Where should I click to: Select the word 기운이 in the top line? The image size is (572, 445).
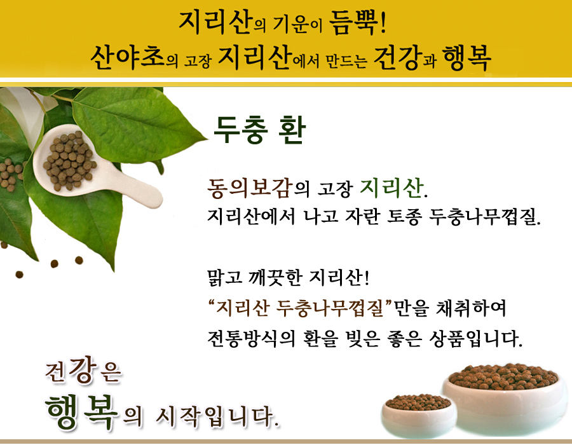pos(297,25)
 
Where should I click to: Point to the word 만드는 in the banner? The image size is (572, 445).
pos(346,60)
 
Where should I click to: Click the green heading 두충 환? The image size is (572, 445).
pos(259,130)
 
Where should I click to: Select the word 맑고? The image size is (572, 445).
pos(224,278)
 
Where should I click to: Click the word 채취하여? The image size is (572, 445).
pos(470,308)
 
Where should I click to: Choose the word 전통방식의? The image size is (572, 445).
pos(251,338)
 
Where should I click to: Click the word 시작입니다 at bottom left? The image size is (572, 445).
pos(217,416)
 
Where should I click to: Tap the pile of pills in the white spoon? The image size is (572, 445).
pos(69,160)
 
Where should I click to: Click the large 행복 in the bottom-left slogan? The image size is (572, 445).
pos(81,412)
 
